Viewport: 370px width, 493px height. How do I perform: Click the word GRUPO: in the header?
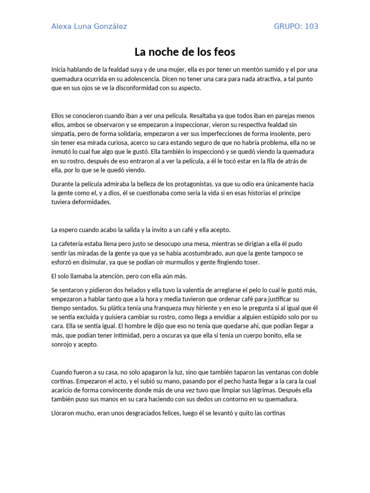click(287, 26)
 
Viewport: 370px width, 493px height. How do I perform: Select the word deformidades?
click(89, 203)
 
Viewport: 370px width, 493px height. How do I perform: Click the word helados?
click(139, 290)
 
